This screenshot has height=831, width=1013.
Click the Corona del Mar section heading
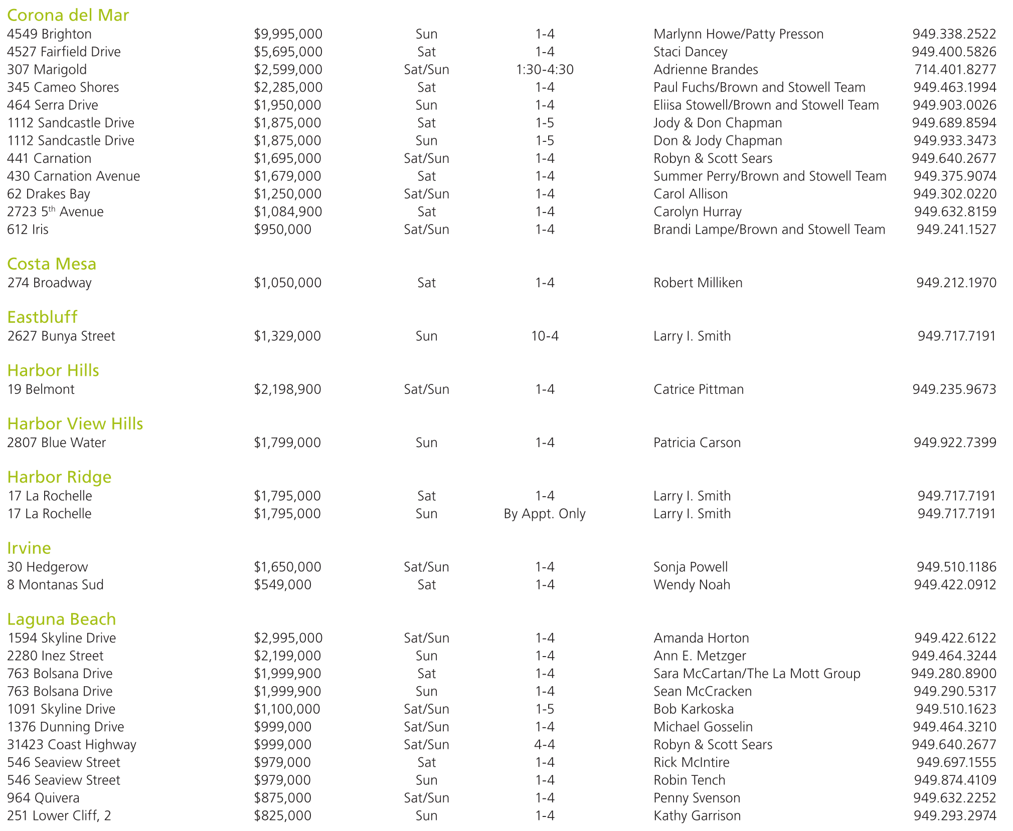(x=68, y=15)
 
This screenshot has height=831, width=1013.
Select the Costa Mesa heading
(x=52, y=264)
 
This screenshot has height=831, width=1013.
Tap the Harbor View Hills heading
(x=75, y=424)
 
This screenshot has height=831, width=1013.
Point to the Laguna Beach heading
(x=61, y=619)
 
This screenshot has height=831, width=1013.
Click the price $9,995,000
(x=288, y=34)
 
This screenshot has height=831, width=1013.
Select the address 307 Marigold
(x=47, y=70)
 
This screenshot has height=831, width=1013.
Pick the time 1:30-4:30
(x=545, y=70)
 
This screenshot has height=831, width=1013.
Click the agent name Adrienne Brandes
(x=706, y=70)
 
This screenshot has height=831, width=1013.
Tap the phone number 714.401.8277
(x=955, y=70)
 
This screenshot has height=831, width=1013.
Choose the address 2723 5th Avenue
(x=55, y=212)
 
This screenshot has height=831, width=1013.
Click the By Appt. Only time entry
(x=545, y=514)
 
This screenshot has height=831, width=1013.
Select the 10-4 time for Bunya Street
(x=545, y=336)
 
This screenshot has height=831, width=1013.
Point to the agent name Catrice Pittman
(x=699, y=389)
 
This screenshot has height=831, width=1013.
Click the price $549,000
(x=282, y=585)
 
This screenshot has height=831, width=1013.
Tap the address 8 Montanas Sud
(x=55, y=585)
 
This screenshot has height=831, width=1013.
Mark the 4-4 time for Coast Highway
(x=545, y=745)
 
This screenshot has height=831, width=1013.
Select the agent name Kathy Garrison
(x=697, y=816)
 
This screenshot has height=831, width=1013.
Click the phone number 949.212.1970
(x=956, y=283)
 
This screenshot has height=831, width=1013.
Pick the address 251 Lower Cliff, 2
(x=59, y=816)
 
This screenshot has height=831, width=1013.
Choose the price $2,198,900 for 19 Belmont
(x=287, y=389)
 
